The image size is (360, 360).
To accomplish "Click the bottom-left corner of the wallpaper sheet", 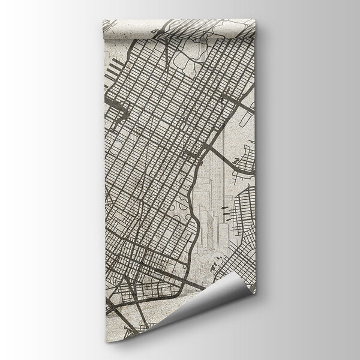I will pos(108,340).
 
